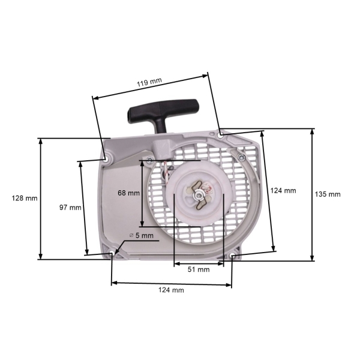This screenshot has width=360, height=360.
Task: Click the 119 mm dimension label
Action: click(149, 82)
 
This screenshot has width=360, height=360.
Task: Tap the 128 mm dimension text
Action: click(24, 198)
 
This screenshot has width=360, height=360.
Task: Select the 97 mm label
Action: click(70, 207)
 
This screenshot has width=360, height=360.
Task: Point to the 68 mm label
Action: click(128, 193)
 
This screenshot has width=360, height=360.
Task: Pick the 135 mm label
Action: click(328, 194)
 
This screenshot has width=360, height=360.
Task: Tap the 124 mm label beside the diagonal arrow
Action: click(283, 190)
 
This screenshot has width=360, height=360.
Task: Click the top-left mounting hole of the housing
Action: click(108, 159)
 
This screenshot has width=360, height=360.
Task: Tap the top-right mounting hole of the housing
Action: click(222, 136)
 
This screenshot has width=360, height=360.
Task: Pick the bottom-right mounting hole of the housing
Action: click(232, 258)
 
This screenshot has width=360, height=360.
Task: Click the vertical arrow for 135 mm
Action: click(312, 194)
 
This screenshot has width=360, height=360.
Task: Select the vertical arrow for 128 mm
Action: click(40, 198)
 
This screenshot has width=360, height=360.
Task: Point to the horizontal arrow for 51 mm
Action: click(199, 263)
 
